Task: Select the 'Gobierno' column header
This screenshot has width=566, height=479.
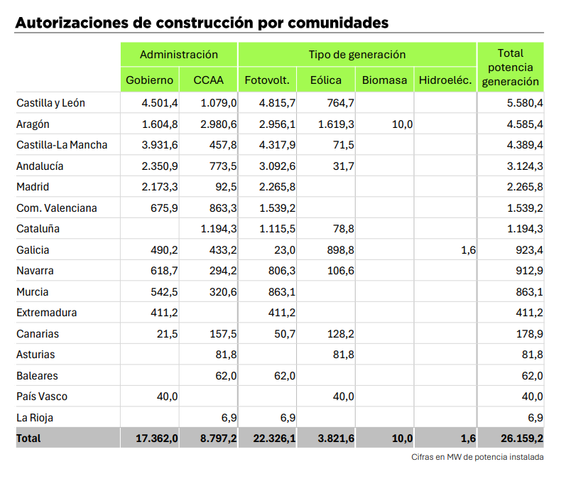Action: (x=149, y=80)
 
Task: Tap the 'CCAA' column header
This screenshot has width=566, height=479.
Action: (x=208, y=80)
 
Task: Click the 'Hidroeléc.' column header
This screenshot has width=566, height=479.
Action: (x=445, y=80)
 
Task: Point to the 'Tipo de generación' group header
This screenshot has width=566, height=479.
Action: (x=357, y=54)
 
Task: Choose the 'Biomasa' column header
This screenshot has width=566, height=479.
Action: (x=384, y=80)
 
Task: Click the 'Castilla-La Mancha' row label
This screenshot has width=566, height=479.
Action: (x=62, y=145)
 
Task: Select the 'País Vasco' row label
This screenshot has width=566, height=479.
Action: (x=42, y=397)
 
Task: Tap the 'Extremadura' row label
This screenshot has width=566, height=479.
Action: (x=47, y=313)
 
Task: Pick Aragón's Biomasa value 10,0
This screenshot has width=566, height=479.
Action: (x=402, y=124)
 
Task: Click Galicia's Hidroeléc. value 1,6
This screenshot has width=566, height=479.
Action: (x=468, y=250)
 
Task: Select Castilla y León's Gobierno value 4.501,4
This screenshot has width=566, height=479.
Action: (x=160, y=103)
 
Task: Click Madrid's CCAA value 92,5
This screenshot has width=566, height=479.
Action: (x=226, y=187)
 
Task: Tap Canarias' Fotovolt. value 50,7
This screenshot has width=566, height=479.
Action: (x=285, y=334)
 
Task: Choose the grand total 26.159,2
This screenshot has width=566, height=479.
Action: (x=521, y=438)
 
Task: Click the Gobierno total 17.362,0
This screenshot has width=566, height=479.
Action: (x=157, y=438)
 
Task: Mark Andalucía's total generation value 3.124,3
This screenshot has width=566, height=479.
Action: (x=525, y=166)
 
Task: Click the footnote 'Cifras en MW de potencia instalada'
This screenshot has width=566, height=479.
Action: (x=477, y=457)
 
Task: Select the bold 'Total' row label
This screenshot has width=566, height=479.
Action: (x=28, y=438)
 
